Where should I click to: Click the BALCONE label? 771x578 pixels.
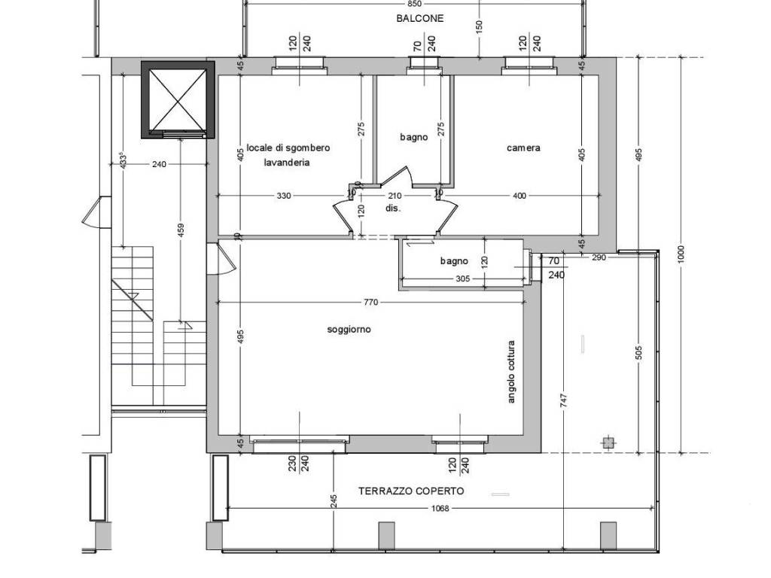pos(420,19)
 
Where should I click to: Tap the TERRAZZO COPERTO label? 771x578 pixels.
pos(411,491)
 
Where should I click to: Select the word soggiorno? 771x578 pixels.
pos(349,330)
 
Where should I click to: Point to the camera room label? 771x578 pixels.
pos(523,148)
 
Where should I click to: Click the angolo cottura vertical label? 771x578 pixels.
pos(511,372)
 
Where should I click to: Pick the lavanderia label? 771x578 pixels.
pos(287,163)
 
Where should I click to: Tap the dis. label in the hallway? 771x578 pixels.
pos(393,208)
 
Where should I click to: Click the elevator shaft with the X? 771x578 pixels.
pos(178,100)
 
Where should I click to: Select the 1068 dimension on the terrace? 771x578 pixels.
pos(440,509)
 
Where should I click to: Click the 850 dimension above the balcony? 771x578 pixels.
pos(415,4)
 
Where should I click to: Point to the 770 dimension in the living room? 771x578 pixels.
pos(370,303)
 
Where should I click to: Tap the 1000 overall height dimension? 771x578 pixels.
pos(681,254)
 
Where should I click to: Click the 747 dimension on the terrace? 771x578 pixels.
pos(563,400)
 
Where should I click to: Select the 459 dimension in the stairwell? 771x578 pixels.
pos(181,231)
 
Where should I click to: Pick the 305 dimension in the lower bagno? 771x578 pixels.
pos(463,279)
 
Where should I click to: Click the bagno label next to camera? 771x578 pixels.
pos(413,138)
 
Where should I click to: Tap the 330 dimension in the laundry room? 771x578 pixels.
pos(284,196)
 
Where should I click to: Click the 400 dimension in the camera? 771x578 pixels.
pos(520,196)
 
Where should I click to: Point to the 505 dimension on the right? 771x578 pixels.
pos(639,352)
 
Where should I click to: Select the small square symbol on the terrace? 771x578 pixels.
pos(608,443)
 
